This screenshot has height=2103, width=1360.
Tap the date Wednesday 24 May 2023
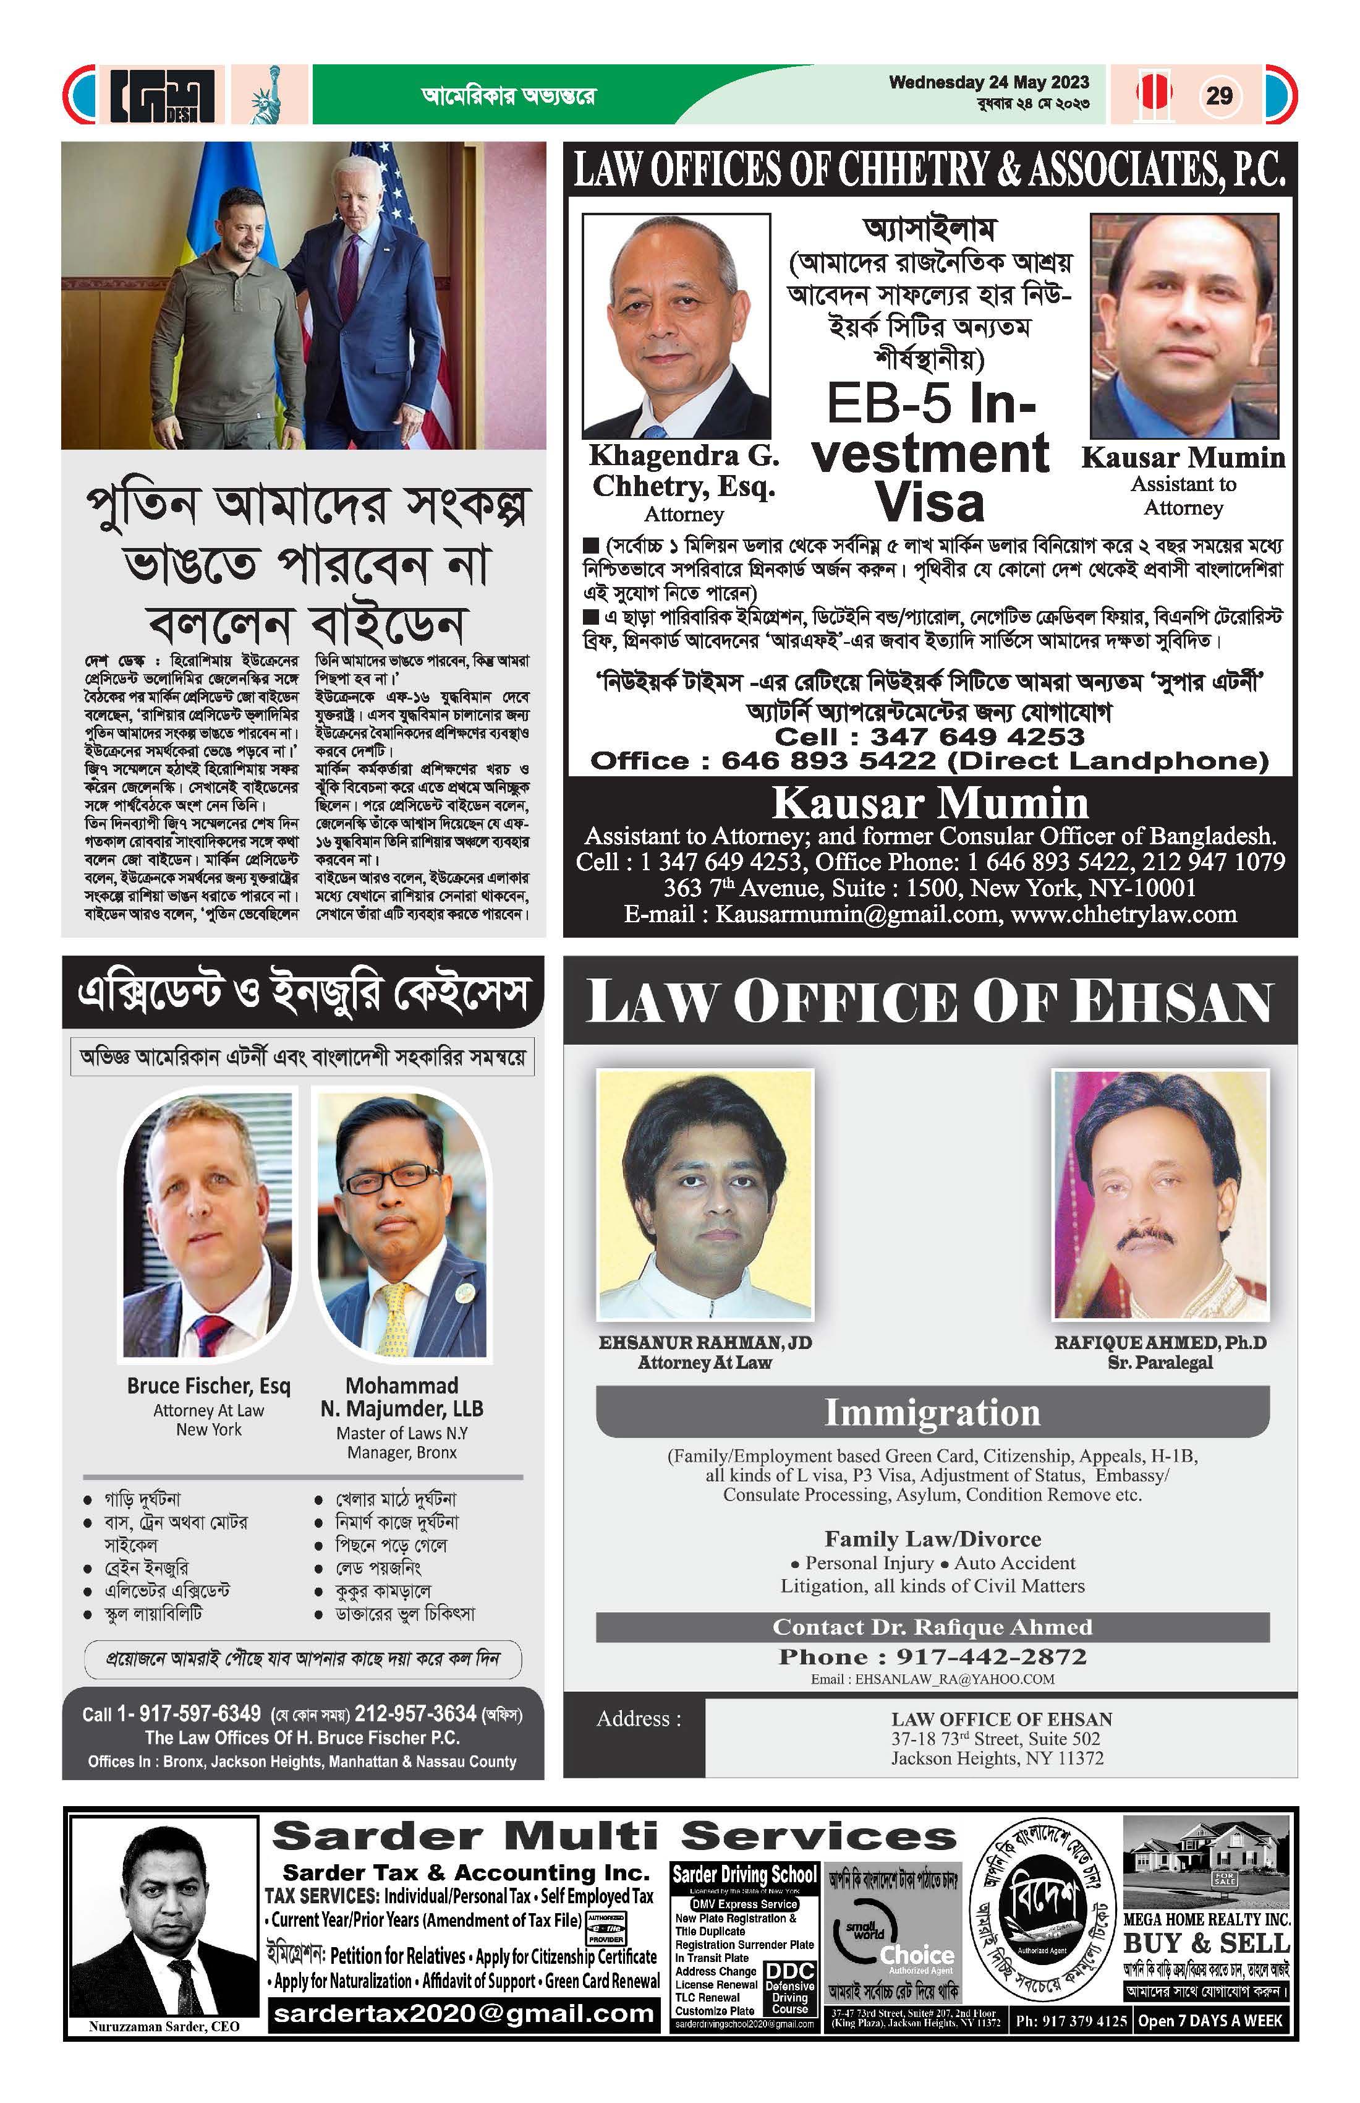[x=988, y=82]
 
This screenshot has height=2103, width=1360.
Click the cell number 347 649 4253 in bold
[x=977, y=736]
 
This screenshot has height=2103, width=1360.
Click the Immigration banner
[x=932, y=1411]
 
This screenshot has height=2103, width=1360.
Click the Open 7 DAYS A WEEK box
[x=1209, y=2020]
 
